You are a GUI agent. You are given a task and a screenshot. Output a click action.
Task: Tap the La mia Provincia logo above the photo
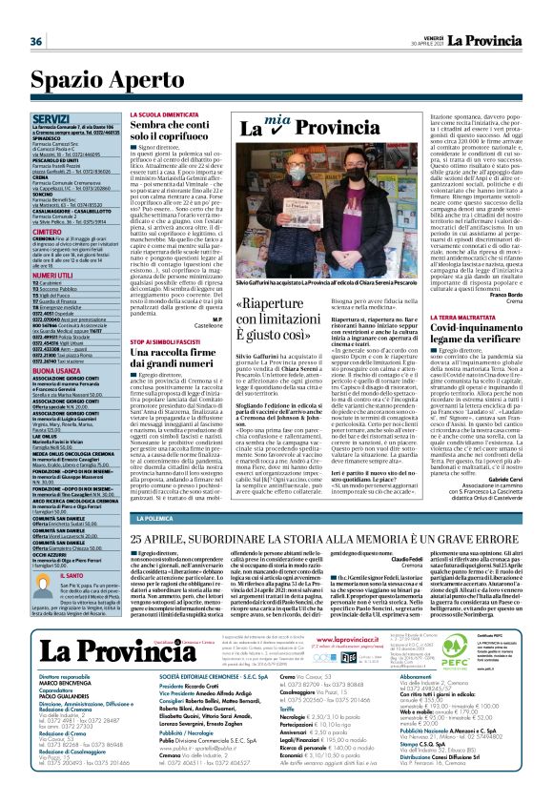296,127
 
